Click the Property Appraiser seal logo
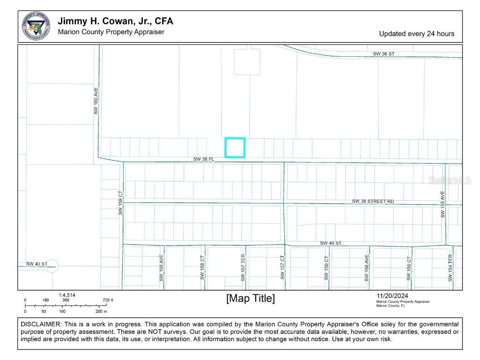click(x=36, y=26)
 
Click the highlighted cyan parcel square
click(x=235, y=148)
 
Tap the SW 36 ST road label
click(x=383, y=54)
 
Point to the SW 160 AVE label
click(x=96, y=100)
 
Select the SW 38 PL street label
click(x=203, y=159)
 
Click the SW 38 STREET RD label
click(x=373, y=202)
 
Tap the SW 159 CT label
click(x=120, y=202)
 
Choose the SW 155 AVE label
click(x=442, y=204)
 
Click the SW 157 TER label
click(x=243, y=268)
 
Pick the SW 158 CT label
click(x=202, y=268)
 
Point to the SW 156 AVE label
click(x=367, y=268)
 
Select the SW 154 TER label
click(x=450, y=268)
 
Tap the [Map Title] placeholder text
click(x=250, y=299)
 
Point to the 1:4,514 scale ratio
click(x=67, y=295)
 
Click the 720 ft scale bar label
click(x=108, y=300)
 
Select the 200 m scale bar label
click(x=101, y=311)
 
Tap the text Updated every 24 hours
click(x=416, y=34)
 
